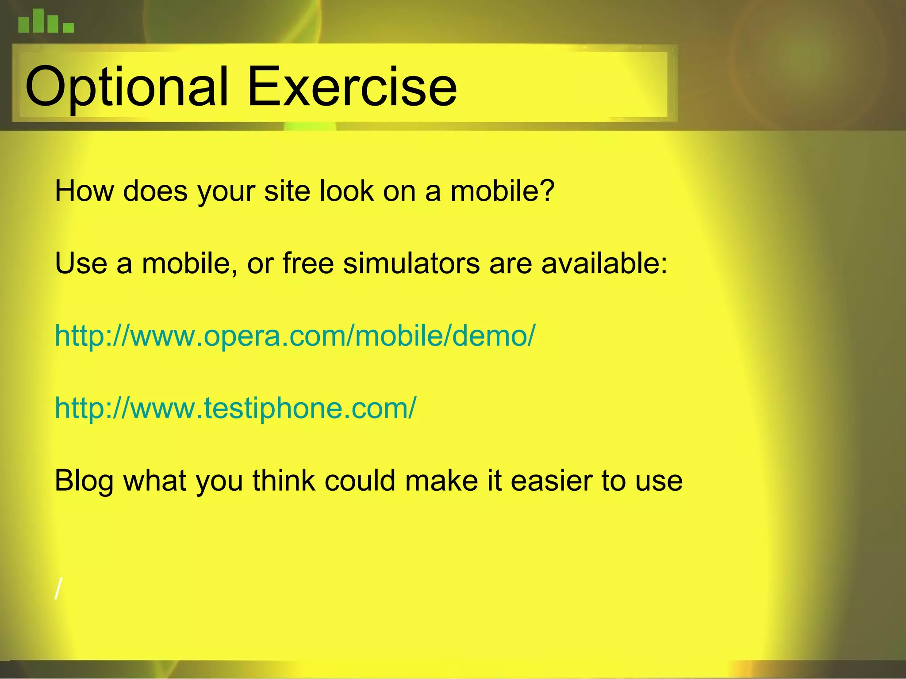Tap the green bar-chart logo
click(x=46, y=22)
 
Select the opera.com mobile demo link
click(x=295, y=336)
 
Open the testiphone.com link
click(x=235, y=408)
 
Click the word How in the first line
click(x=84, y=191)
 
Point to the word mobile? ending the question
click(x=502, y=191)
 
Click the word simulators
click(x=411, y=263)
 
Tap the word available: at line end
click(x=604, y=263)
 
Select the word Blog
click(x=84, y=481)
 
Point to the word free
click(x=308, y=263)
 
